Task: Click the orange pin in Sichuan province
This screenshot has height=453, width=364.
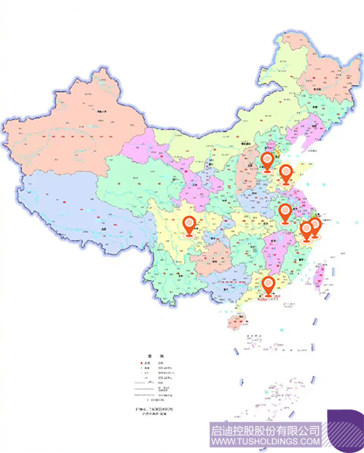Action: click(x=189, y=225)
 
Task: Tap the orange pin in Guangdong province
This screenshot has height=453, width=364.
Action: click(x=269, y=286)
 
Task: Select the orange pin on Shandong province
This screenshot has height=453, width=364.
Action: click(x=287, y=174)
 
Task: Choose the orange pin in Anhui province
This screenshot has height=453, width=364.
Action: click(x=285, y=212)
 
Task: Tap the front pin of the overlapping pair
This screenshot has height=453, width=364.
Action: click(x=307, y=230)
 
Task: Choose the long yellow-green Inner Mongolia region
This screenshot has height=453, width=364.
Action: click(x=218, y=138)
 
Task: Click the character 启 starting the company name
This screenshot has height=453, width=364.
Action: click(x=215, y=430)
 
